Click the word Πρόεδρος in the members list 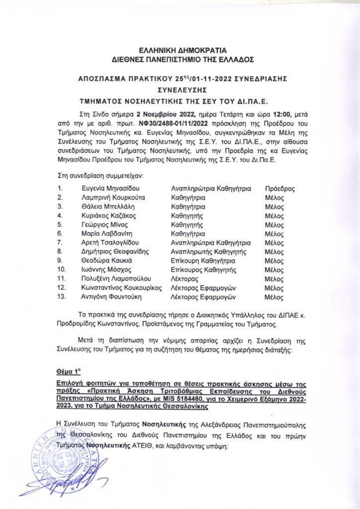coord(280,189)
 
